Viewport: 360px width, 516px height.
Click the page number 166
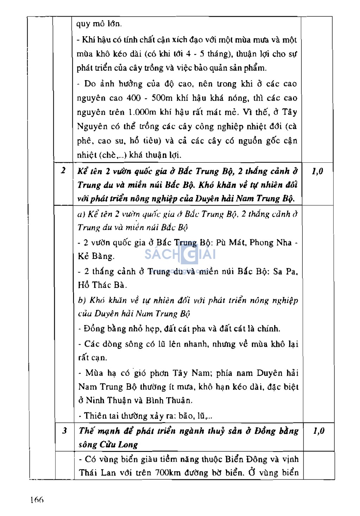(37, 499)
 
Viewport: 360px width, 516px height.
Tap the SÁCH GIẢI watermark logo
(180, 254)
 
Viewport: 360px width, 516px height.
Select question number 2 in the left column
(63, 171)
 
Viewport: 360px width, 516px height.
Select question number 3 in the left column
(65, 431)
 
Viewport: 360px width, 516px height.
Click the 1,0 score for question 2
(317, 171)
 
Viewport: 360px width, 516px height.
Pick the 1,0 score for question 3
(319, 431)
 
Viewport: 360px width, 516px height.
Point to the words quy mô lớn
(99, 24)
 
